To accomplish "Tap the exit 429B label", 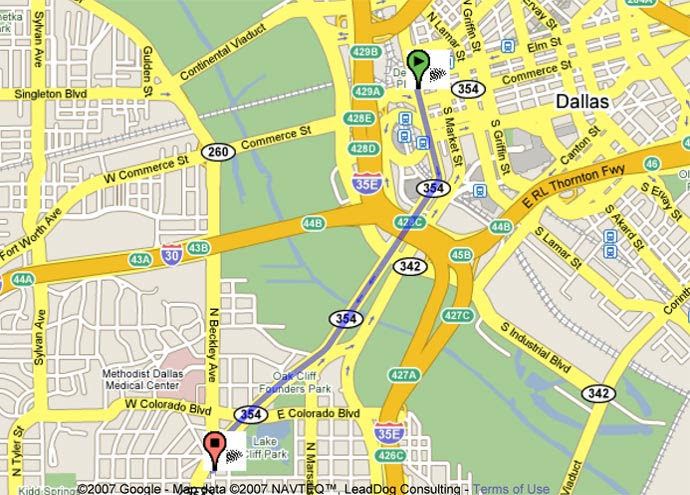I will click(366, 51).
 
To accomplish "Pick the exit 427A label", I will click(403, 374).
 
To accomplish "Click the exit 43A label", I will click(139, 260).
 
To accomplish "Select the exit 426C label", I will click(394, 455).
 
